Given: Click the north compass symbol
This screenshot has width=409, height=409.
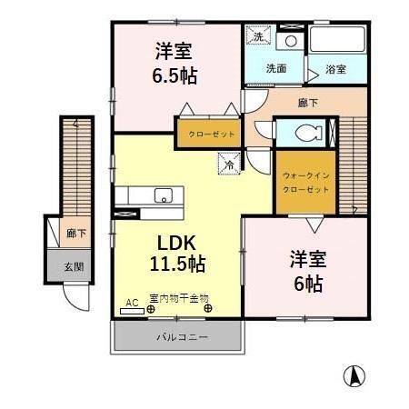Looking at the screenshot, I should click(x=355, y=374).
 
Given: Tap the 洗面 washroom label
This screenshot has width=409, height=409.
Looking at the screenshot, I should click(x=276, y=68).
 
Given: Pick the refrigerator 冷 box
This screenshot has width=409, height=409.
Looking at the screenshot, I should click(x=229, y=165).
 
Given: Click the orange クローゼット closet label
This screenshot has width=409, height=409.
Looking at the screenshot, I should click(x=212, y=134).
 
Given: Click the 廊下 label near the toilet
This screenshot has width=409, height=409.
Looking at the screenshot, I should click(x=308, y=104).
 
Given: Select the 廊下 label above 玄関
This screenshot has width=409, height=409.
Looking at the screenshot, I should click(x=76, y=234).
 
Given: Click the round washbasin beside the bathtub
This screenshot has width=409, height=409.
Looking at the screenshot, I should click(x=291, y=42).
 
